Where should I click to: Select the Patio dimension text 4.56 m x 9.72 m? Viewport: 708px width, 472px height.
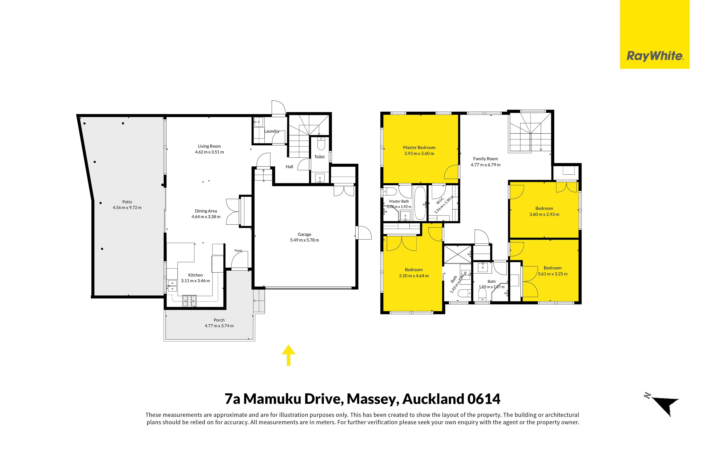click(x=127, y=207)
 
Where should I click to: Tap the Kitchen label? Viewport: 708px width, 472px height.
click(x=195, y=275)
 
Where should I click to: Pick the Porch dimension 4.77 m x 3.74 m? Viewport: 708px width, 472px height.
click(x=219, y=326)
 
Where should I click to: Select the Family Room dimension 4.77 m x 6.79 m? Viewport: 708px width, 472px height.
click(x=485, y=165)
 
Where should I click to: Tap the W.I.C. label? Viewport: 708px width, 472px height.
click(x=440, y=201)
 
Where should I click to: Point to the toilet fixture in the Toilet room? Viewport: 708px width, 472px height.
click(x=321, y=144)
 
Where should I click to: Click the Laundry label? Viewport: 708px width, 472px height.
click(x=272, y=131)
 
